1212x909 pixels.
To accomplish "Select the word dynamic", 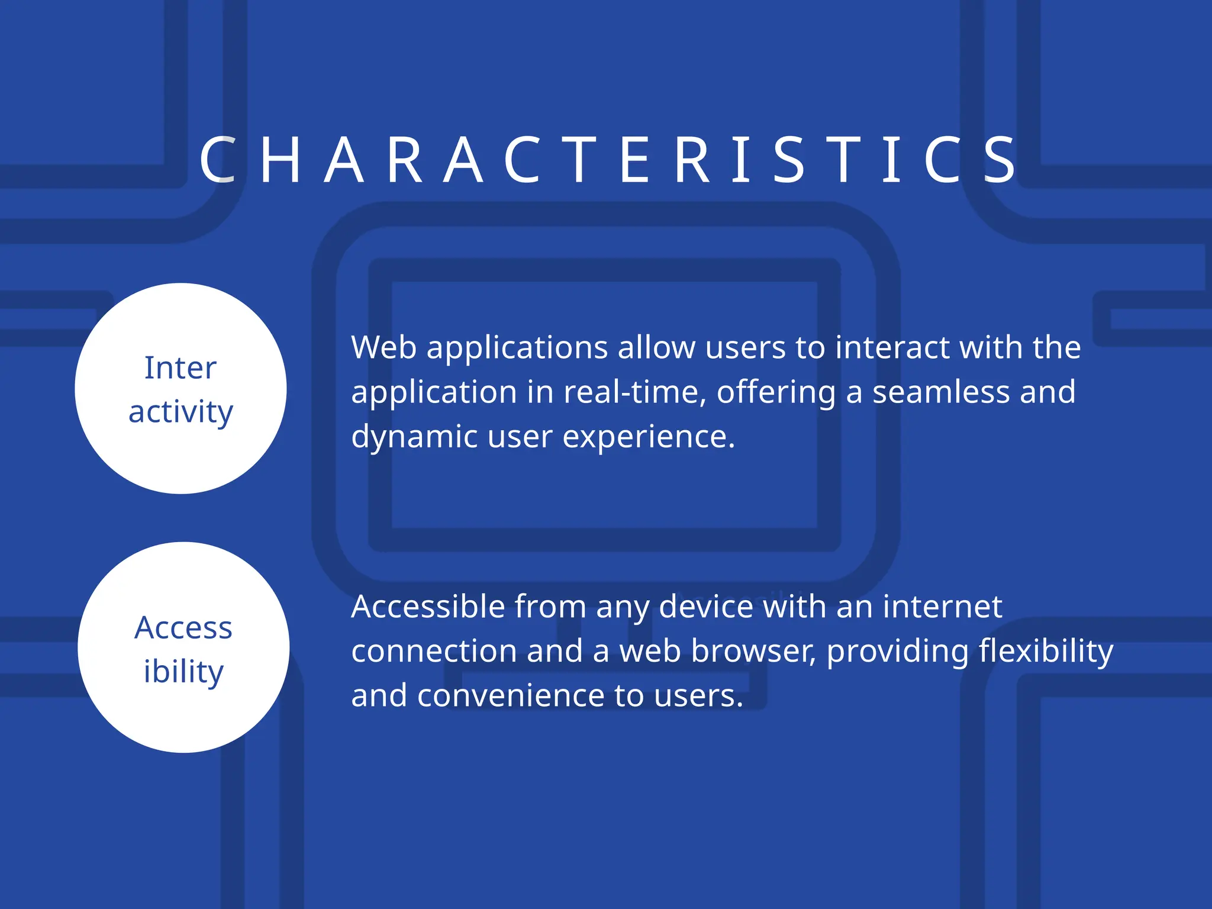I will click(414, 437).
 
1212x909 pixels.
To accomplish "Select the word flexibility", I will click(1046, 651).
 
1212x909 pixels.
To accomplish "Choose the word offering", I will click(776, 393).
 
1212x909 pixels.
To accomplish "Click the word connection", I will click(434, 651).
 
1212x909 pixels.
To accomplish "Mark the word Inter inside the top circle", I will click(180, 368).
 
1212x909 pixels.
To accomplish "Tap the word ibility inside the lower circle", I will click(183, 672).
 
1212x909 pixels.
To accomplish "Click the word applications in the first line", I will click(517, 349).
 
